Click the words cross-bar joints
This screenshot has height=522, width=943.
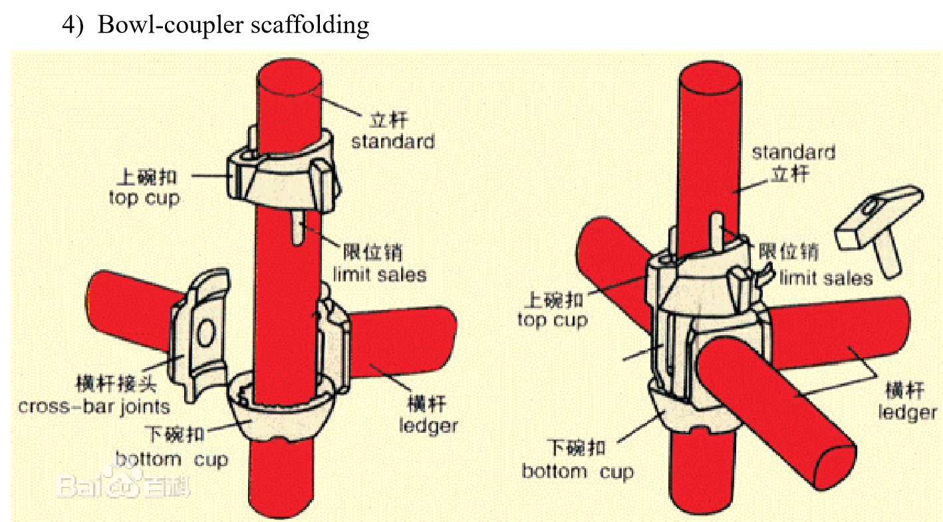[94, 406]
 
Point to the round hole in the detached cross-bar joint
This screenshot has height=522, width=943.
[206, 332]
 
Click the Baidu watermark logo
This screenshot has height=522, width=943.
[123, 485]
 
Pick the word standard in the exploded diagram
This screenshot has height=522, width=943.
[392, 142]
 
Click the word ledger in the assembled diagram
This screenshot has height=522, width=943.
[907, 412]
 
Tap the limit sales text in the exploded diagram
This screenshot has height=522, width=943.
[380, 273]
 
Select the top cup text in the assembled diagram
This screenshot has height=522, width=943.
[553, 320]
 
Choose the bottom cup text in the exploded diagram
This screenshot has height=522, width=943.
[172, 459]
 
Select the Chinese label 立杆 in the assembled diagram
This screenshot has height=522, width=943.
[791, 174]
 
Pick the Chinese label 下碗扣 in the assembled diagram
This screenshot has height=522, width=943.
[576, 448]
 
